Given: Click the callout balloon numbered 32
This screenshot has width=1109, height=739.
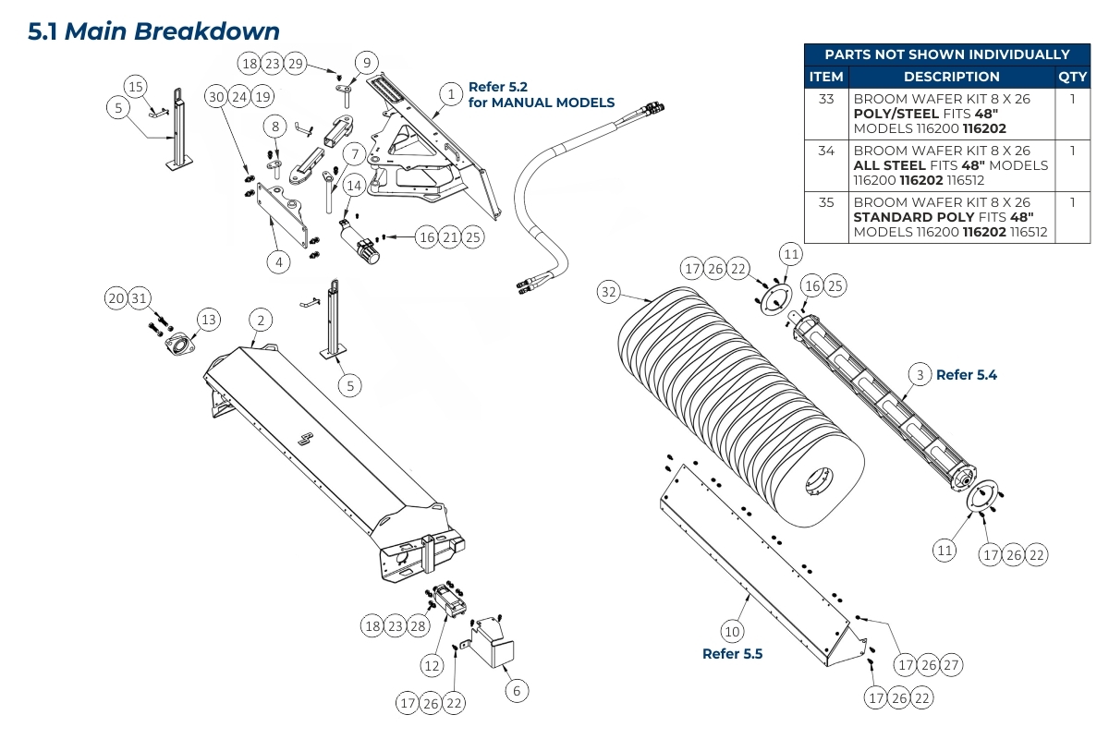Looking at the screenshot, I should click(607, 292).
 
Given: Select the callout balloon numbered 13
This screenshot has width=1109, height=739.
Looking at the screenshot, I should click(209, 320).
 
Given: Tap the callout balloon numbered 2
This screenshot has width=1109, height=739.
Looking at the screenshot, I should click(261, 320).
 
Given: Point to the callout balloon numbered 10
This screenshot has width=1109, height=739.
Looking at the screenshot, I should click(732, 632).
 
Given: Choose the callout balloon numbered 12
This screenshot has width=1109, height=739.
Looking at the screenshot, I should click(433, 664).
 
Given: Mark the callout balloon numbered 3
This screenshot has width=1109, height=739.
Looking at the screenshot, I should click(920, 374).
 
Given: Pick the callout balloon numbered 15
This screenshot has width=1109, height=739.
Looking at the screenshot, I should click(136, 87).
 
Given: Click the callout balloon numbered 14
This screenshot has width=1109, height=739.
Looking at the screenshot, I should click(354, 185).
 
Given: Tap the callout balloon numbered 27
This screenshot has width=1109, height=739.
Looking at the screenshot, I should click(952, 665).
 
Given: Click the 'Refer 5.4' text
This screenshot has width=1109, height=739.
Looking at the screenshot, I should click(967, 375).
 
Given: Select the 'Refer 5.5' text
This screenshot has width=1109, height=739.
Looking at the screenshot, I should click(733, 654).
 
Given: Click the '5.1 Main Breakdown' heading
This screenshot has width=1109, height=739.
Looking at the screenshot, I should click(153, 31).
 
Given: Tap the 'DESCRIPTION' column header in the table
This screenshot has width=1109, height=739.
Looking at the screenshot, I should click(951, 77).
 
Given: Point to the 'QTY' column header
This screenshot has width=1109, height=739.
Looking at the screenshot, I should click(1072, 77).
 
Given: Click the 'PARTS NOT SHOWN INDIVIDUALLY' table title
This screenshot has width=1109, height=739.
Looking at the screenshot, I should click(946, 55).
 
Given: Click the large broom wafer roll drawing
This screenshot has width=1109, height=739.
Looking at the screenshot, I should click(739, 406).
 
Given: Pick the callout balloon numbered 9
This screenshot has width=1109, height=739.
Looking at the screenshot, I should click(367, 63).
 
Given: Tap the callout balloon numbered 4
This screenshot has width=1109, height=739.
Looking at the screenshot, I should click(279, 262).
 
